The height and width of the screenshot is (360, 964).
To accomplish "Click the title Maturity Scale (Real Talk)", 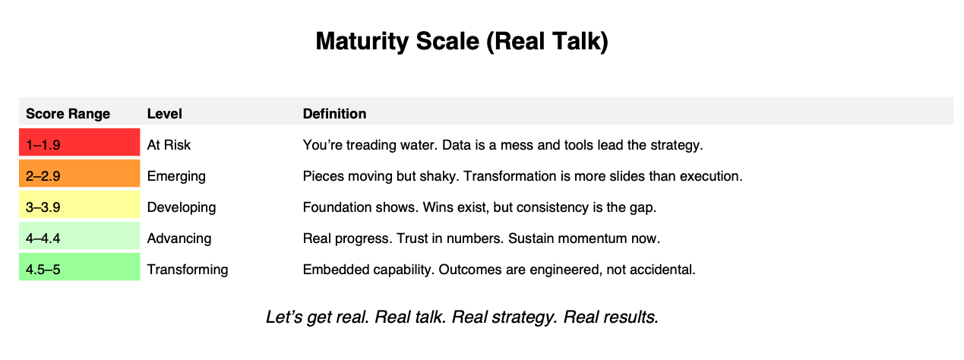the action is click(x=462, y=42).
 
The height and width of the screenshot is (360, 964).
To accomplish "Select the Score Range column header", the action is click(x=68, y=114).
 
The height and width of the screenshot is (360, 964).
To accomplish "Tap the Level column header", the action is click(x=164, y=114).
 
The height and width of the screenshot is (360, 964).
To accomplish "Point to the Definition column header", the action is click(x=334, y=114).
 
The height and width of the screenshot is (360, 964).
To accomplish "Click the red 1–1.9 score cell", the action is click(x=80, y=142).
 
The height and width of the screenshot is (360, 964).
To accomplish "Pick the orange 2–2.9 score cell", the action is click(x=80, y=173).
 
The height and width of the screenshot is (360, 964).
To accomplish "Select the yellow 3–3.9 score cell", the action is click(x=80, y=204).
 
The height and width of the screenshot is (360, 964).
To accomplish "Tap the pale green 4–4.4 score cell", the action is click(x=80, y=235).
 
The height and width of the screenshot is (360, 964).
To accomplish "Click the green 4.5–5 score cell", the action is click(x=80, y=267).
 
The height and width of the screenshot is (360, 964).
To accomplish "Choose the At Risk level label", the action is click(x=169, y=145).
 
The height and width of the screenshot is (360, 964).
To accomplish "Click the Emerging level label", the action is click(x=176, y=176).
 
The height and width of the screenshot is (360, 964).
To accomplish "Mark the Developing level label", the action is click(x=182, y=208).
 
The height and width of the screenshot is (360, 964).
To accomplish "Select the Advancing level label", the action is click(x=179, y=238).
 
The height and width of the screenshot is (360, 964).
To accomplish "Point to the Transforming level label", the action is click(x=188, y=270).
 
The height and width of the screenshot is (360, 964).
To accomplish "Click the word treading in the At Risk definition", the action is click(x=371, y=145).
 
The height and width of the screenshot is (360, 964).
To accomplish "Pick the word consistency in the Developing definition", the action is click(x=552, y=208).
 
